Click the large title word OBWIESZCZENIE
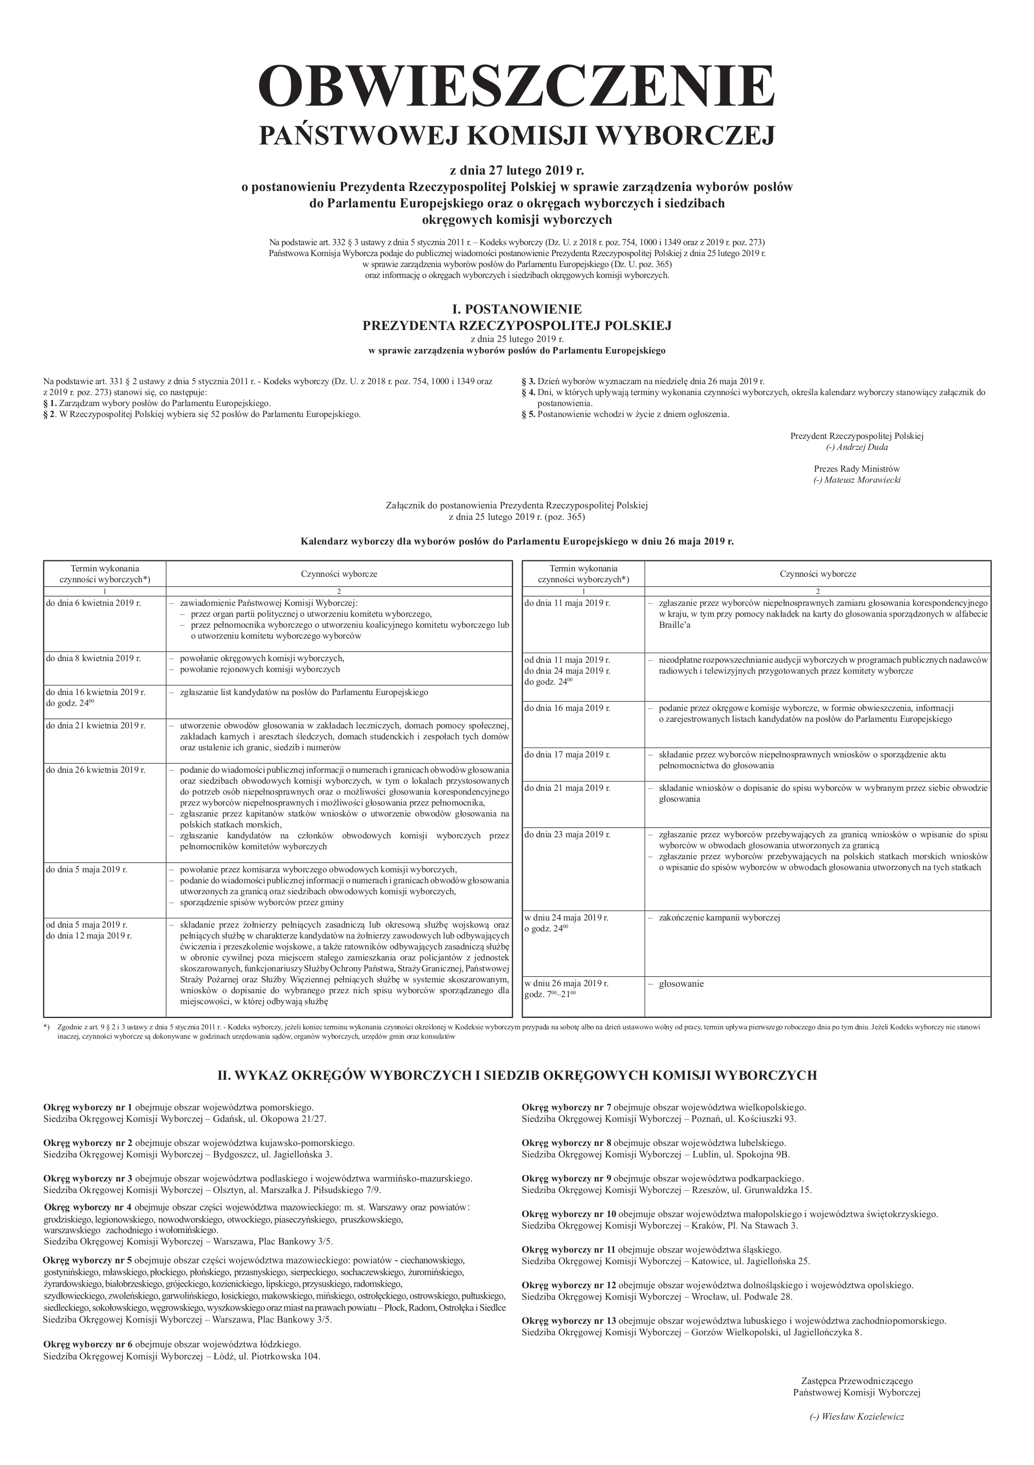point(516,86)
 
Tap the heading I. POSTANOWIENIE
point(516,309)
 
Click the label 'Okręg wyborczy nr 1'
point(88,1107)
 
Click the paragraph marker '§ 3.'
point(528,381)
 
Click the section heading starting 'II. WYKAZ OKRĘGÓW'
point(516,1075)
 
